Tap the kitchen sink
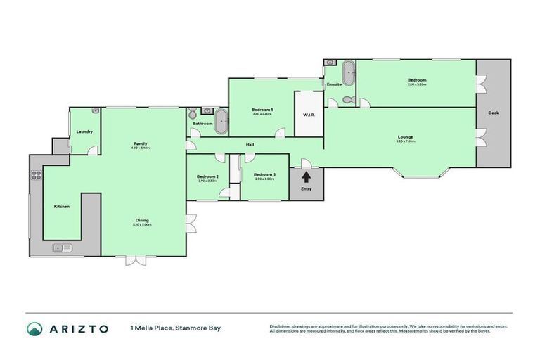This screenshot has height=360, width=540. pyautogui.click(x=61, y=247)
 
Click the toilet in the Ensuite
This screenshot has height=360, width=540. pyautogui.click(x=333, y=102)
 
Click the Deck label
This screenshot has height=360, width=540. pyautogui.click(x=493, y=112)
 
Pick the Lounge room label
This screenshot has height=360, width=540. pyautogui.click(x=405, y=136)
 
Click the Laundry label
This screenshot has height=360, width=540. pyautogui.click(x=84, y=131)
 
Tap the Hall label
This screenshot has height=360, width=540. pyautogui.click(x=250, y=145)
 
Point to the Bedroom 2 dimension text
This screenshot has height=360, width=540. pyautogui.click(x=207, y=181)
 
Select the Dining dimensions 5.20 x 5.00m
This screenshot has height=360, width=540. pyautogui.click(x=142, y=224)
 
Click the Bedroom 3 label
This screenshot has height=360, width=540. pyautogui.click(x=264, y=174)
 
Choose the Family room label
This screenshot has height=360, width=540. pyautogui.click(x=141, y=143)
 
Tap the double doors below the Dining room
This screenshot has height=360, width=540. pyautogui.click(x=136, y=260)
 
